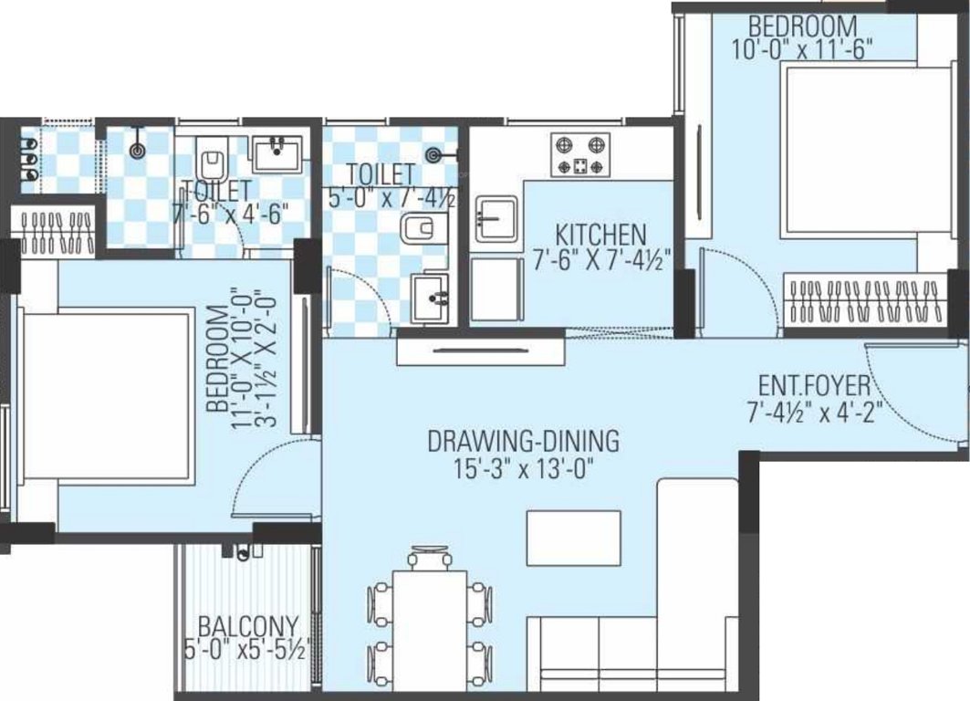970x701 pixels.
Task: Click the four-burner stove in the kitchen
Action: click(x=579, y=155)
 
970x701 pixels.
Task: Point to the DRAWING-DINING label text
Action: click(x=523, y=442)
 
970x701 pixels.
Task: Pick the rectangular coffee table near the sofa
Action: click(x=573, y=539)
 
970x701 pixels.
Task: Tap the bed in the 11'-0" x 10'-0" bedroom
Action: click(x=105, y=392)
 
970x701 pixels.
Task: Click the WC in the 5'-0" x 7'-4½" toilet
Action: click(x=422, y=229)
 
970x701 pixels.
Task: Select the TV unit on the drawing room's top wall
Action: click(x=480, y=350)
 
